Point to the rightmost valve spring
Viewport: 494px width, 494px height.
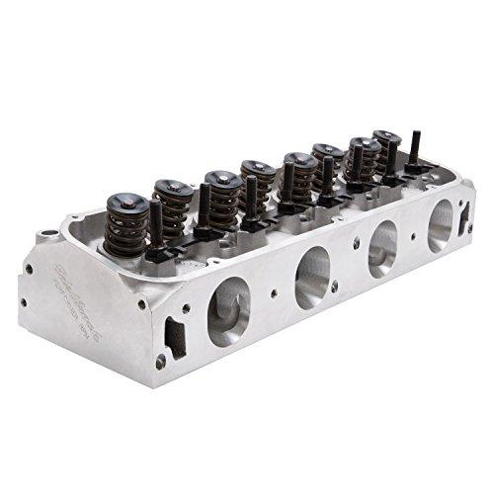[386, 148]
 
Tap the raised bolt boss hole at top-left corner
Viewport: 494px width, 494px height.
[46, 237]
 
